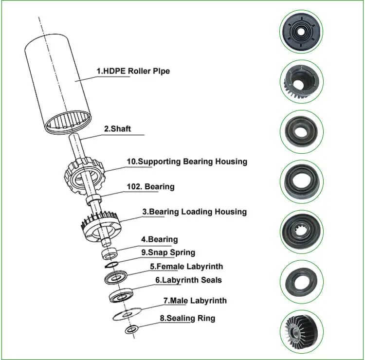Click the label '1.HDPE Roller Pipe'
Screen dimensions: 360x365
pyautogui.click(x=133, y=71)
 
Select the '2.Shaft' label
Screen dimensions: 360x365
pyautogui.click(x=117, y=129)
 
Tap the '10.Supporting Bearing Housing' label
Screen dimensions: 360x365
pyautogui.click(x=187, y=162)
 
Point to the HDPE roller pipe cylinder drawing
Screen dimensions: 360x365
pyautogui.click(x=58, y=83)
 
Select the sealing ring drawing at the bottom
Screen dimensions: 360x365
pyautogui.click(x=131, y=330)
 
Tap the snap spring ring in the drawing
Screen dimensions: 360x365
pyautogui.click(x=111, y=265)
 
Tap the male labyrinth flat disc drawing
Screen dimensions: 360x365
pyautogui.click(x=127, y=314)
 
